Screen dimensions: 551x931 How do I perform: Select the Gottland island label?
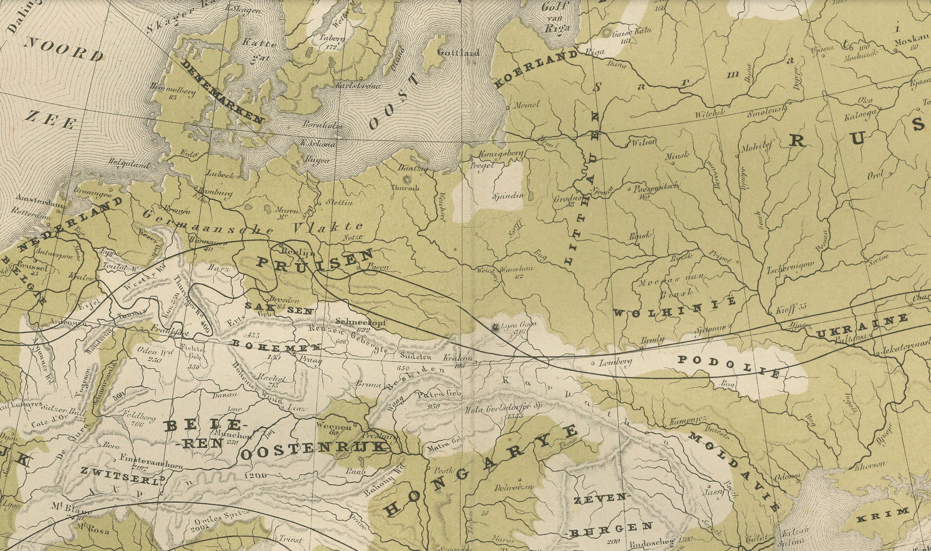pos(459,53)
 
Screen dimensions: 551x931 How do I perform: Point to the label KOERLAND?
pos(536,70)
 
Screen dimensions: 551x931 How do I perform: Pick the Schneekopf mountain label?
pos(361,322)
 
